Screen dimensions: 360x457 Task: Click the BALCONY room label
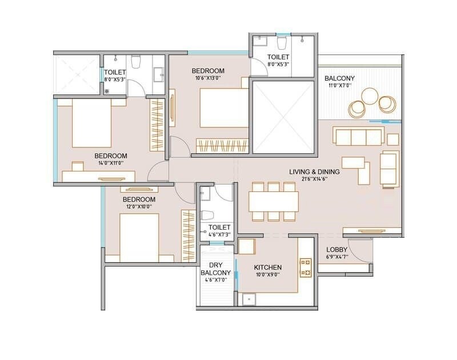pyautogui.click(x=339, y=78)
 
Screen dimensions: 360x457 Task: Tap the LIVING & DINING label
pyautogui.click(x=314, y=171)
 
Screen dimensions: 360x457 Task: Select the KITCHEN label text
pyautogui.click(x=268, y=267)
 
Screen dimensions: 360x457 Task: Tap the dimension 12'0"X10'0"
pyautogui.click(x=139, y=207)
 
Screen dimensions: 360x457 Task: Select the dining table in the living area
pyautogui.click(x=274, y=201)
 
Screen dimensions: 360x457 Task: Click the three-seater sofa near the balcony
pyautogui.click(x=358, y=137)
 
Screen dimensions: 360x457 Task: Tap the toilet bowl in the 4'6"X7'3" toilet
pyautogui.click(x=207, y=215)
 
